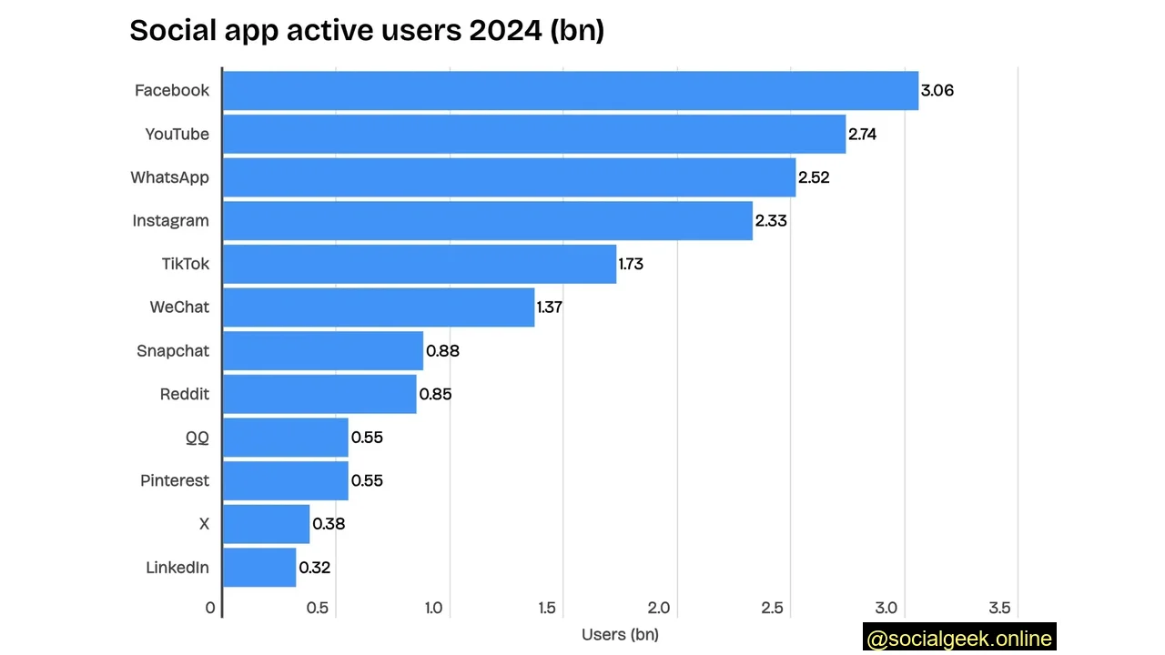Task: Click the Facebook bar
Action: coord(571,90)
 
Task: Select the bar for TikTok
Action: coord(420,264)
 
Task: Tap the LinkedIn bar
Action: coord(259,568)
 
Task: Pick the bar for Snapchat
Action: coord(323,351)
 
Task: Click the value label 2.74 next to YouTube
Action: coord(862,134)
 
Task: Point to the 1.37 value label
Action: coord(549,307)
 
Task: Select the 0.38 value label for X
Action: coord(329,524)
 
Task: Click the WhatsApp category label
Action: coord(169,177)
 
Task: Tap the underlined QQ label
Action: coord(197,438)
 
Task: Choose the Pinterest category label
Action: coord(174,480)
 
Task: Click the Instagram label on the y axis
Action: coord(170,220)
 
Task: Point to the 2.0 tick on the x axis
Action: coord(659,608)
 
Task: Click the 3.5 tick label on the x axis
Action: coord(999,608)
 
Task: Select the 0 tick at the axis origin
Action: coord(210,608)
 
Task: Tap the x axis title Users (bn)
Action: coord(620,634)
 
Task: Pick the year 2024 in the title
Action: coord(505,30)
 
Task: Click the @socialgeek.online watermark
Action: coord(959,639)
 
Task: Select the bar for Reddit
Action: coord(319,394)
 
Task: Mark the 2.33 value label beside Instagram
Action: coord(771,221)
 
